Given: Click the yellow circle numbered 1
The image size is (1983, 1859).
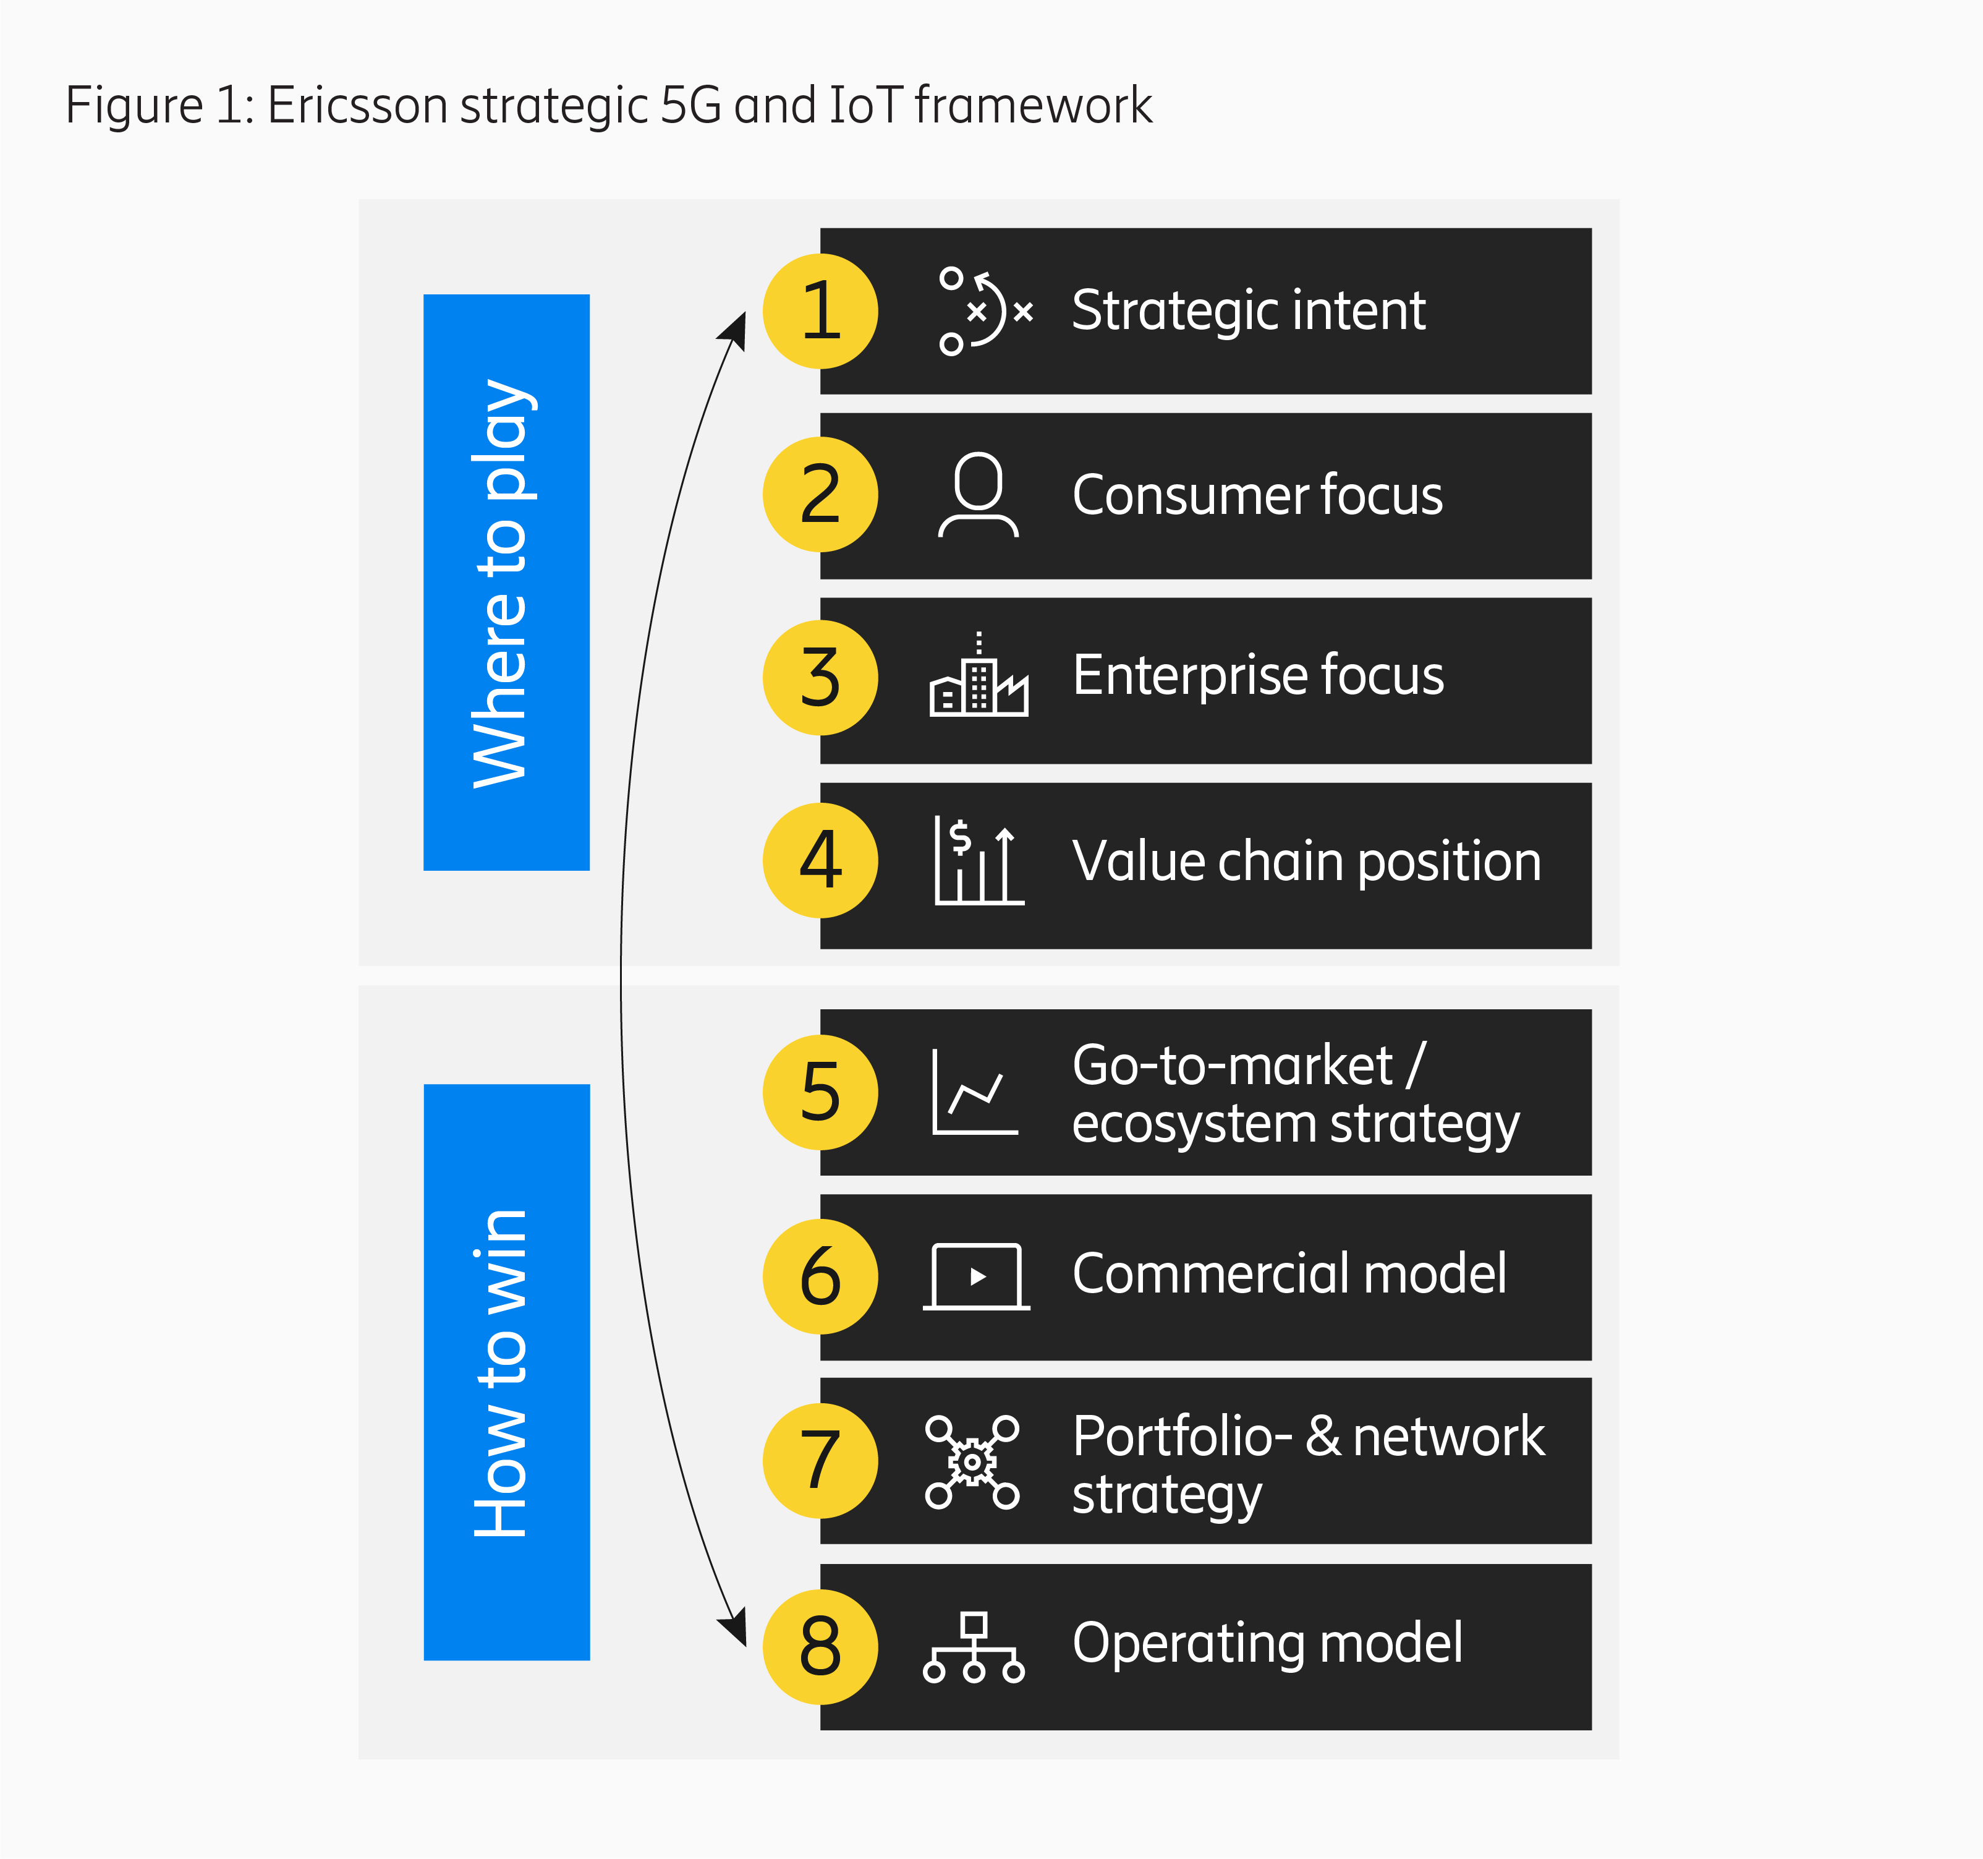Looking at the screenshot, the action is point(820,311).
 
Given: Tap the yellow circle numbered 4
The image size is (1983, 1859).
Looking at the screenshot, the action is point(820,860).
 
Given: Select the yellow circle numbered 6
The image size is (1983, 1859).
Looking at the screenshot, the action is point(820,1276).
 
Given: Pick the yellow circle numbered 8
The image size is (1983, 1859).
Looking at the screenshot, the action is point(820,1646).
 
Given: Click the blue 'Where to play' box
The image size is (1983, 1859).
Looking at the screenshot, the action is point(507,582).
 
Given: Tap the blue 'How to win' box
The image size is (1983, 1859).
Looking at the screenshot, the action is point(507,1372).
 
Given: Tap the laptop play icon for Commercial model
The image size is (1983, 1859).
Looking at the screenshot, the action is point(977,1276).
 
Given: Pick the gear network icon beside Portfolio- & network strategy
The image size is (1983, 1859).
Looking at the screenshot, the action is point(972,1462).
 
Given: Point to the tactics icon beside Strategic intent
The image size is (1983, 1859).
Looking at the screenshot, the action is point(985,310).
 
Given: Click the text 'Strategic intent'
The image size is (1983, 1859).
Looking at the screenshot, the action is point(1249,310).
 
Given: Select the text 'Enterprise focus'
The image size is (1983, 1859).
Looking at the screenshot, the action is point(1258,675).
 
